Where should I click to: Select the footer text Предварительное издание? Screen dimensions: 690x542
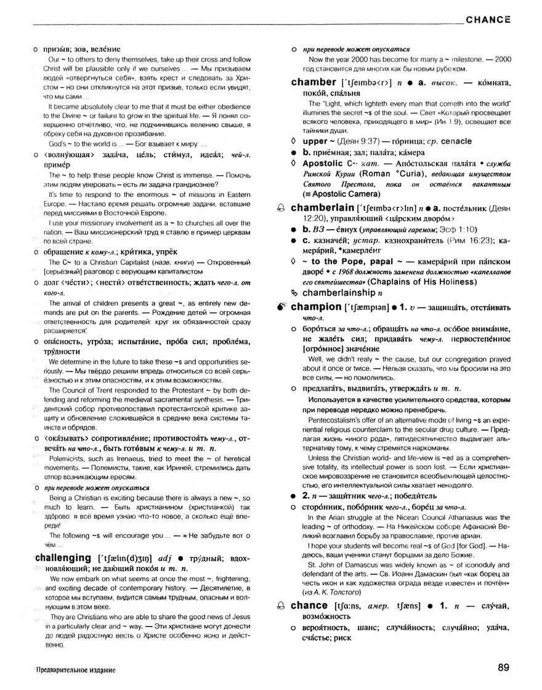(75, 669)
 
